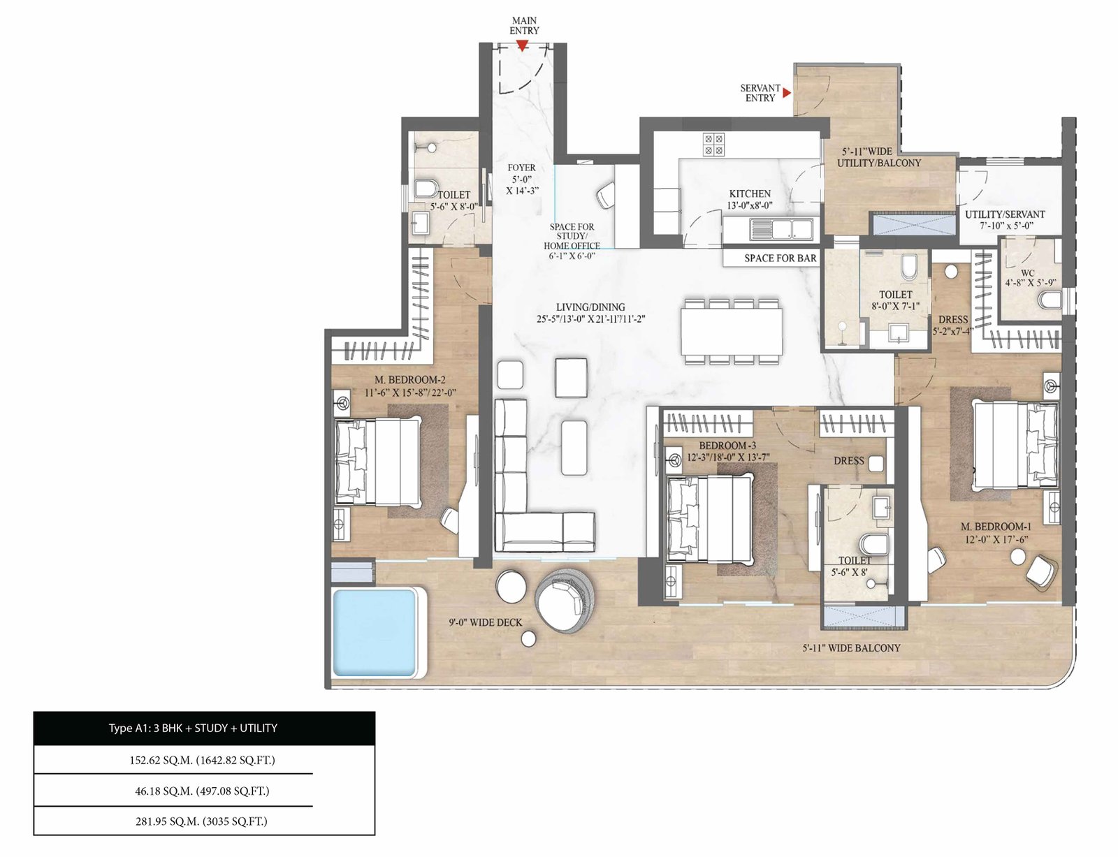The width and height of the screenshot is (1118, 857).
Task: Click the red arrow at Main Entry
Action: pyautogui.click(x=522, y=46)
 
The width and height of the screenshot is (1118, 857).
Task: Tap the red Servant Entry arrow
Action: pyautogui.click(x=787, y=92)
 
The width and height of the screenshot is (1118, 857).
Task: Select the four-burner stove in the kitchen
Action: pyautogui.click(x=713, y=145)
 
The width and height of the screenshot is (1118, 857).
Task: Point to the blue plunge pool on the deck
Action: pyautogui.click(x=374, y=632)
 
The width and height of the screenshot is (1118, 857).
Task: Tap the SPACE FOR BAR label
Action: pyautogui.click(x=780, y=258)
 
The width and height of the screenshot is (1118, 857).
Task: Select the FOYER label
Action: pyautogui.click(x=521, y=168)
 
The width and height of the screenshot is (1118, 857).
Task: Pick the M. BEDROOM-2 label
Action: pyautogui.click(x=409, y=380)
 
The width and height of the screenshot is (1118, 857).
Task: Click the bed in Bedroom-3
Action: pyautogui.click(x=709, y=518)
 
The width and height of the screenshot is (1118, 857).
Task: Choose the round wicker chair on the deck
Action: pyautogui.click(x=565, y=600)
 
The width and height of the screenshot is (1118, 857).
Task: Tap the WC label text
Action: pyautogui.click(x=1027, y=272)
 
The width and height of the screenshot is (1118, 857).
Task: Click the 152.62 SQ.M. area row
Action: pyautogui.click(x=202, y=760)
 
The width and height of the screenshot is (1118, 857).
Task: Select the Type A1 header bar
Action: pyautogui.click(x=204, y=728)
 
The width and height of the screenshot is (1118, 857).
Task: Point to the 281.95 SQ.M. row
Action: pyautogui.click(x=202, y=821)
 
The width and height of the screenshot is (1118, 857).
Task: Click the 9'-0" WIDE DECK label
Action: pyautogui.click(x=485, y=622)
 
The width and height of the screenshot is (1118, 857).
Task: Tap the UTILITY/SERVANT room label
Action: pyautogui.click(x=1005, y=214)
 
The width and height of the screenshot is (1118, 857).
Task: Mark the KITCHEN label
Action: pyautogui.click(x=750, y=193)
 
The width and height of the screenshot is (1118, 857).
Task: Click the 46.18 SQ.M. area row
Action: pyautogui.click(x=202, y=791)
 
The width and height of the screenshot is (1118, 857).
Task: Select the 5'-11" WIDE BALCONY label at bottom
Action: pyautogui.click(x=852, y=648)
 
